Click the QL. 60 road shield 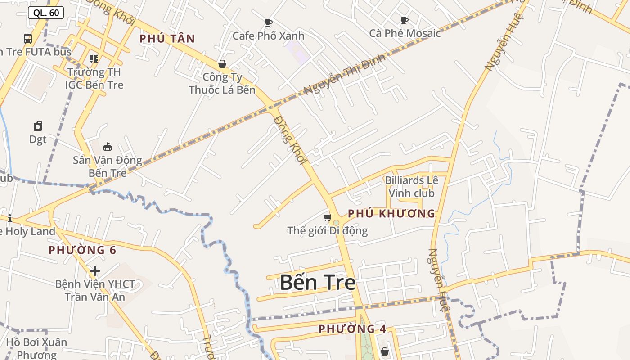tap(46, 13)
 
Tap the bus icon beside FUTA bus tap(28, 39)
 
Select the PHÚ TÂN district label tap(167, 39)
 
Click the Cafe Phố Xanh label tap(268, 36)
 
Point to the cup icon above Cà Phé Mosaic tap(404, 20)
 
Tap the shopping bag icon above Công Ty tap(222, 64)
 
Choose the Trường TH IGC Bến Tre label tap(94, 78)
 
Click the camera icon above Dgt tap(38, 126)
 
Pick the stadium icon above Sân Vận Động tap(108, 147)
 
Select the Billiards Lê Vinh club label tap(411, 187)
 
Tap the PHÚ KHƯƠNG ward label tap(391, 214)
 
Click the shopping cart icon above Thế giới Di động tap(327, 217)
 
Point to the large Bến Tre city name tap(318, 283)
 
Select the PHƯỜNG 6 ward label tap(82, 250)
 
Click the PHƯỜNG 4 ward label tap(352, 329)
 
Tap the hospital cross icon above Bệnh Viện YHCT tap(94, 271)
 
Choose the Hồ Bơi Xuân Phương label tap(37, 348)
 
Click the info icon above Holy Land tap(10, 219)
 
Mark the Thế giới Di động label tap(328, 231)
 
